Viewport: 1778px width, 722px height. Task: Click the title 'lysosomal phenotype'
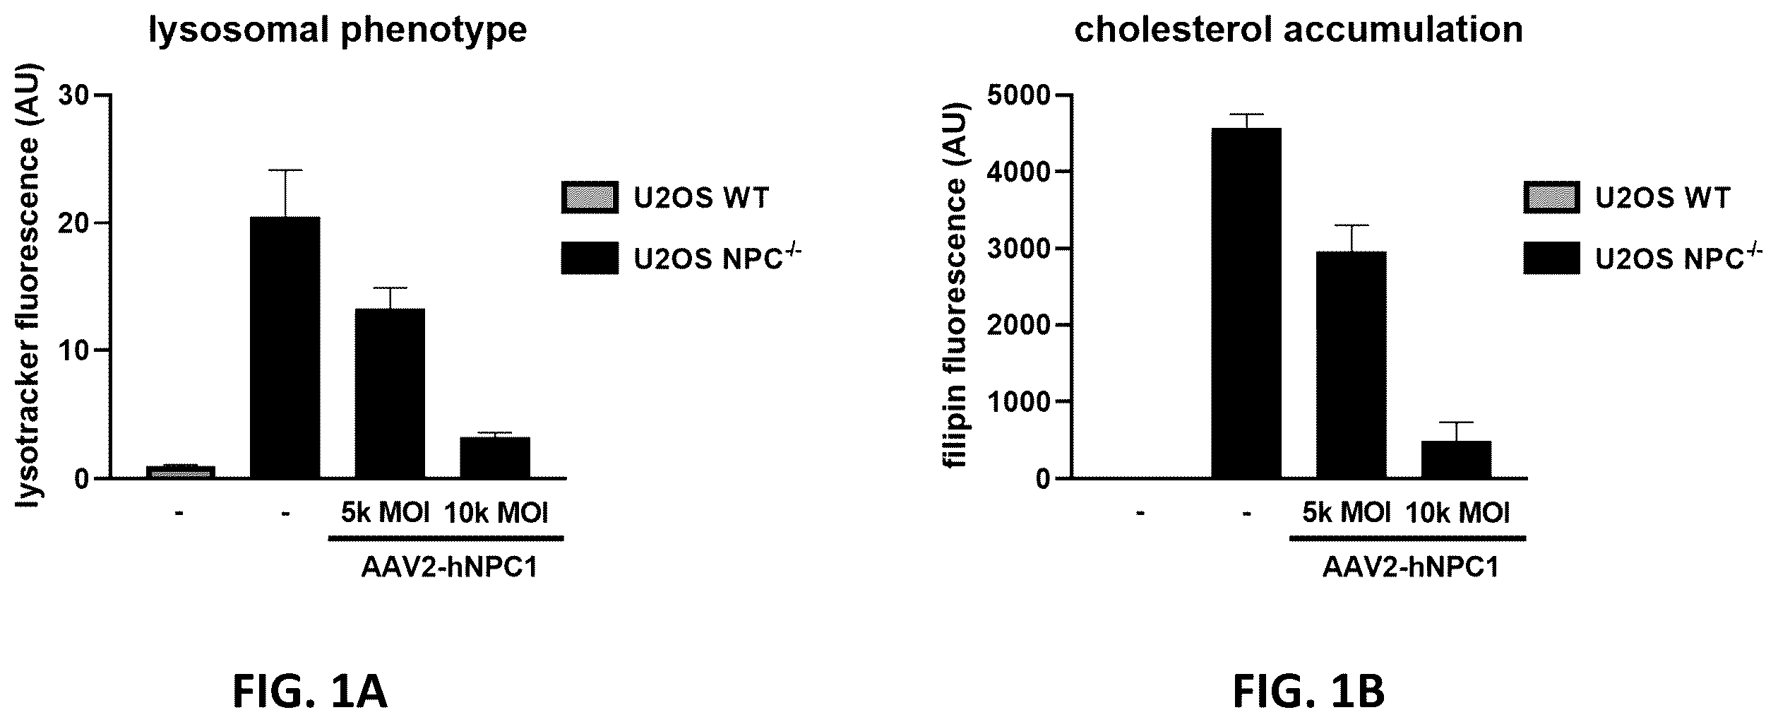(338, 30)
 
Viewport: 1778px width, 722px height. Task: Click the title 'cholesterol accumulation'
(1299, 30)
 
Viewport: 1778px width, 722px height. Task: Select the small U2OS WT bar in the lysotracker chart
(180, 472)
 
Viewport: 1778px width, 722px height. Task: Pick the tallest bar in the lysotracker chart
(285, 348)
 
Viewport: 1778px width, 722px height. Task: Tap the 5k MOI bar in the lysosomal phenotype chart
(390, 393)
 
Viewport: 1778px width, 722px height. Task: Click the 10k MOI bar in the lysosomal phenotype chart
(495, 458)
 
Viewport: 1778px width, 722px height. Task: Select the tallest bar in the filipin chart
(1246, 304)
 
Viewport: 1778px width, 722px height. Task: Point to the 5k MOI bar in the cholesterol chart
(1351, 365)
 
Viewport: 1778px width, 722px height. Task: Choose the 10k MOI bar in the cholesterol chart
(1456, 460)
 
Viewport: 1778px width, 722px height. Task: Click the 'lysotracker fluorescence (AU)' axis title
(28, 287)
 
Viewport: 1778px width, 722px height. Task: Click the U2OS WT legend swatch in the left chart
(590, 197)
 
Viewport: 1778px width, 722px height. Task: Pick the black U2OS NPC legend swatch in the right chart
(1552, 258)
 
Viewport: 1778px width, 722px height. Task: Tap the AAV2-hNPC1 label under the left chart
(450, 569)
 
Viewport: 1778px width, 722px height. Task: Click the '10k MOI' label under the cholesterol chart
(1457, 513)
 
